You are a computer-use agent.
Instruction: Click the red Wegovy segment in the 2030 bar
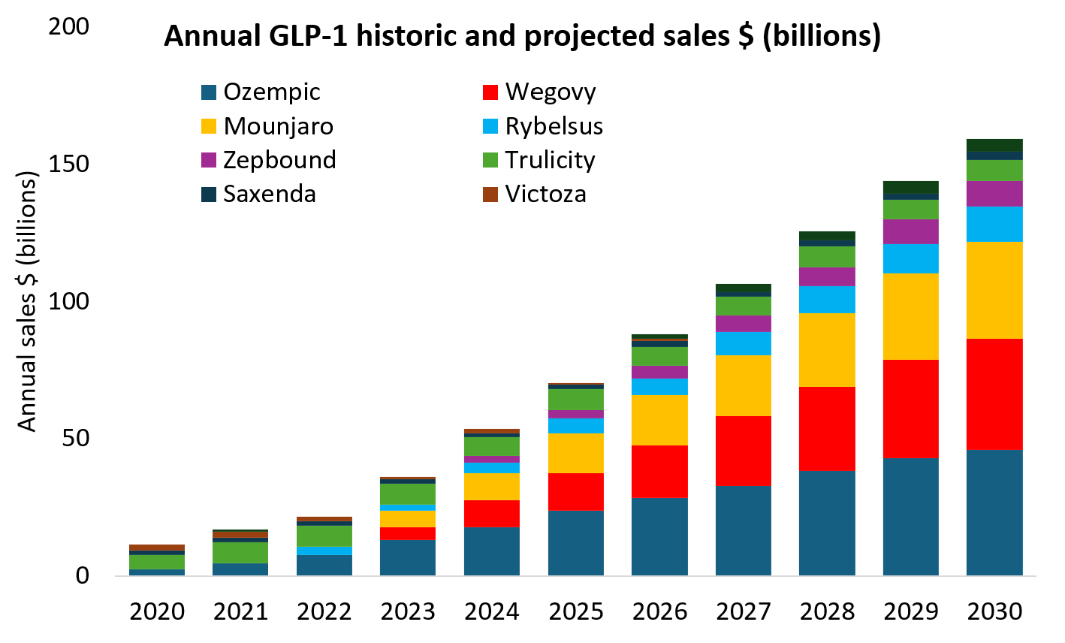[x=994, y=394]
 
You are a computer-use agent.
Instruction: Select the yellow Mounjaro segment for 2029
[x=910, y=316]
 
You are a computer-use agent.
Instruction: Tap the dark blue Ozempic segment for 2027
[x=744, y=530]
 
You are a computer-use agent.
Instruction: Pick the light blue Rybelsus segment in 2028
[x=827, y=300]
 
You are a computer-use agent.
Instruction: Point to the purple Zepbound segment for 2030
[x=994, y=194]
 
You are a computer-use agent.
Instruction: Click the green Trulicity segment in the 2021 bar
[x=240, y=552]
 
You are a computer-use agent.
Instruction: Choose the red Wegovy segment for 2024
[x=492, y=513]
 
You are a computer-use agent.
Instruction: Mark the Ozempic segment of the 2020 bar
[x=157, y=572]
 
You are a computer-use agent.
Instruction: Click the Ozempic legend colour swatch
[x=209, y=92]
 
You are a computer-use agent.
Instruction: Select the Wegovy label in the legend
[x=551, y=92]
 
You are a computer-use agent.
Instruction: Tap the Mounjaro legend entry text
[x=278, y=126]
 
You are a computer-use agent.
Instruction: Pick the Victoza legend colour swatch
[x=490, y=195]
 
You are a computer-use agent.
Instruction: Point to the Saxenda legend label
[x=270, y=195]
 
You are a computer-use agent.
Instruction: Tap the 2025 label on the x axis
[x=576, y=611]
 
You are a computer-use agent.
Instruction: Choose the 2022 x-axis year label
[x=324, y=611]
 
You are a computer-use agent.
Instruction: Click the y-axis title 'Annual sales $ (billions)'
[x=28, y=302]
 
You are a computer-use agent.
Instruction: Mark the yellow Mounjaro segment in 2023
[x=408, y=518]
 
